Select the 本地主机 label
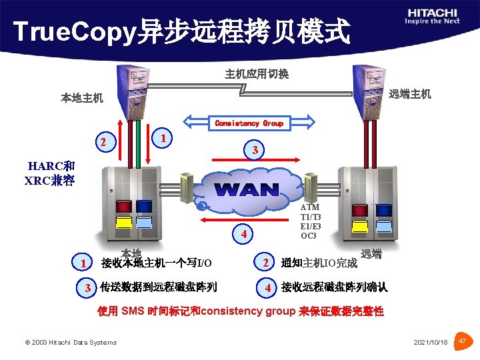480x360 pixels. [82, 98]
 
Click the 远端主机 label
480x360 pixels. [410, 94]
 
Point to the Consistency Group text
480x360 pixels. [249, 123]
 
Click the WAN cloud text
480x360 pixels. [247, 189]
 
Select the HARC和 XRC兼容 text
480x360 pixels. [50, 173]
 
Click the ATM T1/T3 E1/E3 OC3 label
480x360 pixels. [311, 221]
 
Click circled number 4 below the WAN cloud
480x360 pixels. [245, 234]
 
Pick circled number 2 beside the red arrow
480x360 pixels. [103, 142]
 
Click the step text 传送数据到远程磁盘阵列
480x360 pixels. [158, 287]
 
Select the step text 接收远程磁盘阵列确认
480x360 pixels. [334, 287]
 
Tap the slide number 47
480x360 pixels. [463, 341]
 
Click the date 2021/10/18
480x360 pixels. [431, 342]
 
